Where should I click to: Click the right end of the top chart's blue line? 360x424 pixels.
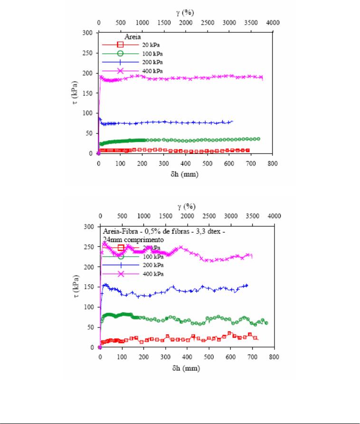point(232,122)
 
